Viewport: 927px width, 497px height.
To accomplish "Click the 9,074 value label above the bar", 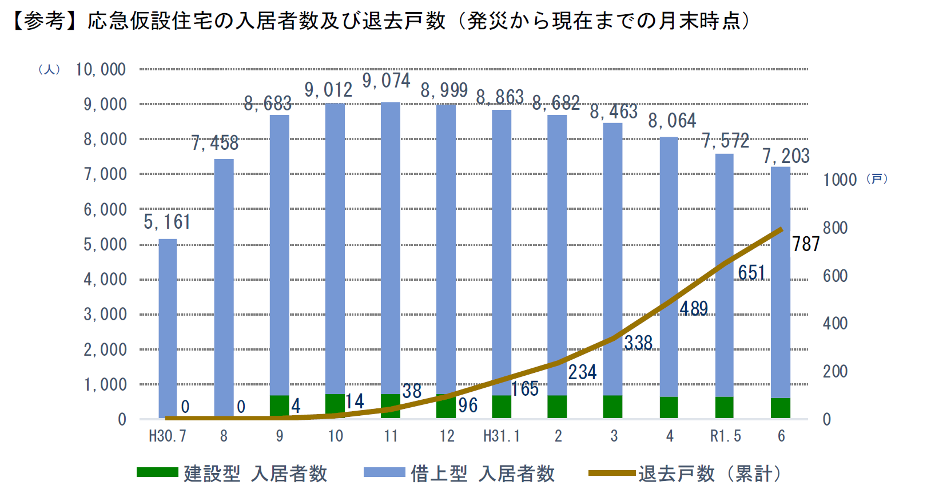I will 386,81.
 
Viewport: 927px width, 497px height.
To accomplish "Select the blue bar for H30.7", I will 168,326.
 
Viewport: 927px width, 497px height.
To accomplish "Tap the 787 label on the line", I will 806,244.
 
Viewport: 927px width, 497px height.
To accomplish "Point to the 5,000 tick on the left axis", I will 105,245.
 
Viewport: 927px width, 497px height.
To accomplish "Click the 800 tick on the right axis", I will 835,228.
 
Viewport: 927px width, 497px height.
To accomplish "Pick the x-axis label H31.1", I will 502,436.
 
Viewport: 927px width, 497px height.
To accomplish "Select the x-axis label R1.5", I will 725,436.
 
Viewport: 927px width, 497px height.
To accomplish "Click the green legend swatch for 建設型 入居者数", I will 157,472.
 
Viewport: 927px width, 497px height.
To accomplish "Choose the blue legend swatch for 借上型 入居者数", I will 384,472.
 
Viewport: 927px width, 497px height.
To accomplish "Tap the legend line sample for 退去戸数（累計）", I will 612,473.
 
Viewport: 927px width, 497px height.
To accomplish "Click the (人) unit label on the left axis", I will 49,70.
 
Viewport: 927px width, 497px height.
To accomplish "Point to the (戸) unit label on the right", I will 877,179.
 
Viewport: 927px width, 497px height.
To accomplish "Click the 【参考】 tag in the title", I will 39,21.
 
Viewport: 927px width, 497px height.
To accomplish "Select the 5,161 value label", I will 167,222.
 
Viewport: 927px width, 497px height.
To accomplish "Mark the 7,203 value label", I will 786,156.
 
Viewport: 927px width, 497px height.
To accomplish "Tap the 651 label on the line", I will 751,273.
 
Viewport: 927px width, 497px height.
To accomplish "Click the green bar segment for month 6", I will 781,408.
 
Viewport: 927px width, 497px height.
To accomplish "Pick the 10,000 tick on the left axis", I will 101,70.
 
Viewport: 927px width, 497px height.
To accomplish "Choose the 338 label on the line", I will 638,343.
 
